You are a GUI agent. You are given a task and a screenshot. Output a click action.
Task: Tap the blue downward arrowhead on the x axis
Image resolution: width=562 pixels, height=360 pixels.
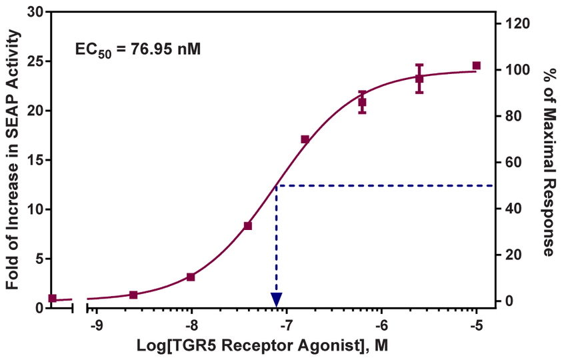[276, 299]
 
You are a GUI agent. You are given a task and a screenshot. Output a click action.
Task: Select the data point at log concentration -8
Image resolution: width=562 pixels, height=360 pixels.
[191, 277]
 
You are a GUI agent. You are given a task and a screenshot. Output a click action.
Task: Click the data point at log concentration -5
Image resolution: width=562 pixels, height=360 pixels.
[476, 65]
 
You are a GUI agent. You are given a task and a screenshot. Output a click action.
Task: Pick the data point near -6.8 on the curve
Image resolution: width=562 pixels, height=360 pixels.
[305, 139]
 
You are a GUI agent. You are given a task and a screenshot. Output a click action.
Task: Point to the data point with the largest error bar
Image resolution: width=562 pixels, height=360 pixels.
[419, 79]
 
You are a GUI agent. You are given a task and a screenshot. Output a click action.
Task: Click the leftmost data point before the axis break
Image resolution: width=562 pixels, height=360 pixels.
[53, 298]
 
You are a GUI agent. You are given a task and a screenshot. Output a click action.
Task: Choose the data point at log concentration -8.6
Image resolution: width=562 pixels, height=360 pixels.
[133, 295]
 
